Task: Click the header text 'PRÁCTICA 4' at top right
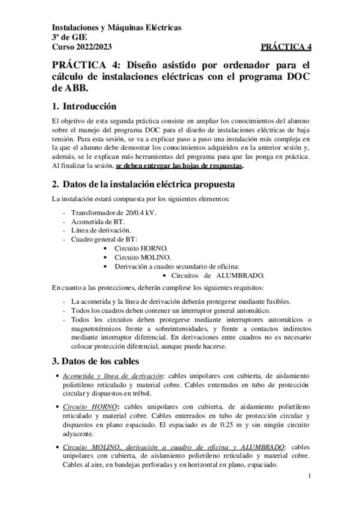pos(286,47)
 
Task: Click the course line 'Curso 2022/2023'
pos(81,47)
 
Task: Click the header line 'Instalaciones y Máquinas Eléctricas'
pos(117,28)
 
